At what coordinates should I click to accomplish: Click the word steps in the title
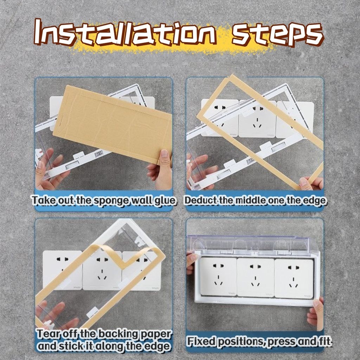(278, 34)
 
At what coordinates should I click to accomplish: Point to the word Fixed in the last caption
(201, 341)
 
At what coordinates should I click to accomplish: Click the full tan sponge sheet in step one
(112, 124)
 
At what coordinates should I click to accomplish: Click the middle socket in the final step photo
(255, 277)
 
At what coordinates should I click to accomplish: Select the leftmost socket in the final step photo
(218, 276)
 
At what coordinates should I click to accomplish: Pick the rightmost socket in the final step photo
(294, 278)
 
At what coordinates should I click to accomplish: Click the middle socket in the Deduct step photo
(257, 118)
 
